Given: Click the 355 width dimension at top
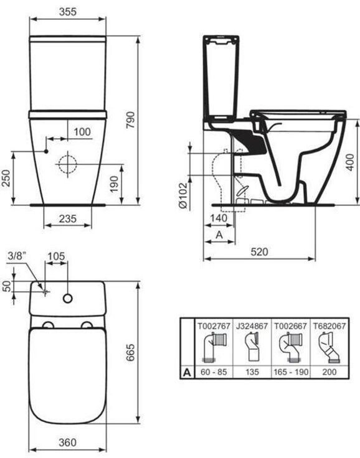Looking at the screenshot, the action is [67, 12].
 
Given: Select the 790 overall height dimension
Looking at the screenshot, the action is [131, 119].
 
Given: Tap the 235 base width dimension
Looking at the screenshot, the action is [67, 218].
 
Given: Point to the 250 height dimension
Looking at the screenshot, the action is [6, 178].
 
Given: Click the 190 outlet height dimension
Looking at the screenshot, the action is [114, 184].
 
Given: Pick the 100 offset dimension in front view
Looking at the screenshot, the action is [82, 132].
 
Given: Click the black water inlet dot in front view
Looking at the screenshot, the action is [46, 151].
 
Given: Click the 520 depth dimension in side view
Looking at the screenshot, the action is [259, 251].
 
